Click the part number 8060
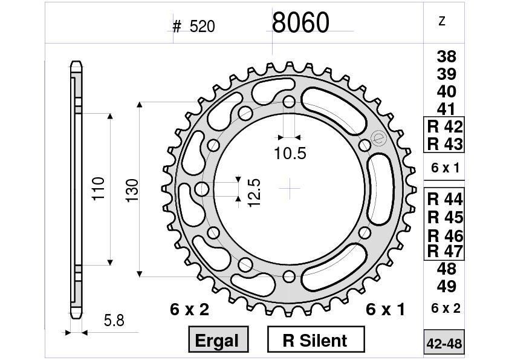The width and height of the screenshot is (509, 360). coord(300,23)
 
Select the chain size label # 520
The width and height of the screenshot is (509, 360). coord(193,27)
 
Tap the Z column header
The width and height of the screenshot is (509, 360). coord(442,21)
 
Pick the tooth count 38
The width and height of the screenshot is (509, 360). coord(446,57)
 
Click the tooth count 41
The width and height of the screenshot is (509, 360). coord(446,110)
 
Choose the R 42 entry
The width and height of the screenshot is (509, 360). coord(444,127)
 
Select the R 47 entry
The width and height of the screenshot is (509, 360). coord(444,251)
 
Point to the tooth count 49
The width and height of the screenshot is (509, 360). coord(446,286)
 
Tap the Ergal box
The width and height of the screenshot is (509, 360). coord(217,340)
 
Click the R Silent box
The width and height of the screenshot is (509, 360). coord(315,340)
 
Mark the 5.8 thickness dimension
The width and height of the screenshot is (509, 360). coord(114,321)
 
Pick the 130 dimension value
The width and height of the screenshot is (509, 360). coord(132,190)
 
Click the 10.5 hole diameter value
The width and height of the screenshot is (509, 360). coord(290,154)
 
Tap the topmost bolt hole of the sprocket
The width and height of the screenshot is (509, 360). coord(290,101)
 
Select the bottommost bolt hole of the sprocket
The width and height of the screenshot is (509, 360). coord(290,277)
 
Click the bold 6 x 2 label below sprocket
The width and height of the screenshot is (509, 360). coord(189,310)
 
